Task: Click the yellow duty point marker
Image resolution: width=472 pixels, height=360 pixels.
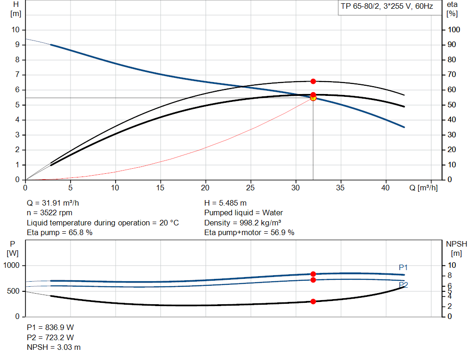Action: click(313, 98)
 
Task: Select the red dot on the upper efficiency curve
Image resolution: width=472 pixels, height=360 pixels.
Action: click(313, 81)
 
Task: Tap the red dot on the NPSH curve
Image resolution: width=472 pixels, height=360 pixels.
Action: click(313, 301)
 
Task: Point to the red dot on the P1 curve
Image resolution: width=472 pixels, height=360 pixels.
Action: click(313, 274)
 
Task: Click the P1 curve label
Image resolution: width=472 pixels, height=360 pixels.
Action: click(403, 267)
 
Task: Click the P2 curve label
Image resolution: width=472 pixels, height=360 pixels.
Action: click(403, 285)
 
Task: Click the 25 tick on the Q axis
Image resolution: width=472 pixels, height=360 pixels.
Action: click(250, 188)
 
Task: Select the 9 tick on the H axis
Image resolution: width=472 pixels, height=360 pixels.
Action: click(17, 45)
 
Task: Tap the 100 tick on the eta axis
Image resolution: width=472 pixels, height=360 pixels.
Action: click(454, 30)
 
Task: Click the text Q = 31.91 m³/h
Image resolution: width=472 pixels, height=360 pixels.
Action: click(56, 203)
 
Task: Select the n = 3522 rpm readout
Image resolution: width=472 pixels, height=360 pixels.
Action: click(49, 213)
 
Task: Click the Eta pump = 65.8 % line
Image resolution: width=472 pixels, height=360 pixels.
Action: click(59, 233)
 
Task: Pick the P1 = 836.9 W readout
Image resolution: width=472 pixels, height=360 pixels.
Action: click(50, 327)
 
